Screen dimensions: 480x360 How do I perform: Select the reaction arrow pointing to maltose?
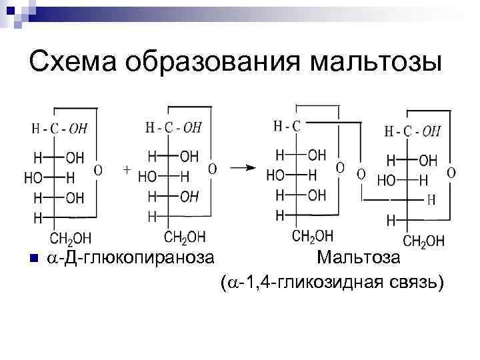click(x=243, y=168)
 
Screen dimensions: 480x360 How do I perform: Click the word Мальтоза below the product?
click(x=359, y=257)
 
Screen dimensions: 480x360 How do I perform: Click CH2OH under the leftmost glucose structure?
click(x=71, y=238)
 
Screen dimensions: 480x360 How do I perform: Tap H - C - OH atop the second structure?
click(x=173, y=127)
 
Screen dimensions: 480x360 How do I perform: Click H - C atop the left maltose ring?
click(x=287, y=125)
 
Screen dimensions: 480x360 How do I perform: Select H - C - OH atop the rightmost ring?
click(x=413, y=131)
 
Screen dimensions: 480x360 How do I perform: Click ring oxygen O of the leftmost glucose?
click(x=98, y=171)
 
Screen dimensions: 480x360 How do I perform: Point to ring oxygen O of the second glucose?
click(x=212, y=169)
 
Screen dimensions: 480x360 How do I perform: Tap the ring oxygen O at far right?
click(x=451, y=173)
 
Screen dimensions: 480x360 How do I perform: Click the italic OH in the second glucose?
click(x=189, y=197)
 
